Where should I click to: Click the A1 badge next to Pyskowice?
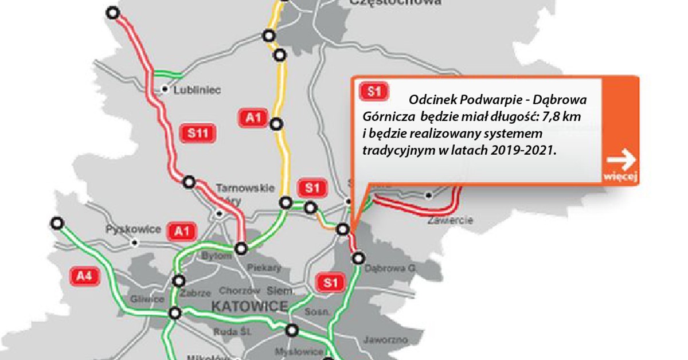coord(182,231)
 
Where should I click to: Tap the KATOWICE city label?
coord(249,307)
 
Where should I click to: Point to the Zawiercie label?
coord(449,220)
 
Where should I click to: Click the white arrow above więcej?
coord(621,158)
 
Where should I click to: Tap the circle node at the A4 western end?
coord(56,223)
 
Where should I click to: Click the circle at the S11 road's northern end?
coord(114,13)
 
